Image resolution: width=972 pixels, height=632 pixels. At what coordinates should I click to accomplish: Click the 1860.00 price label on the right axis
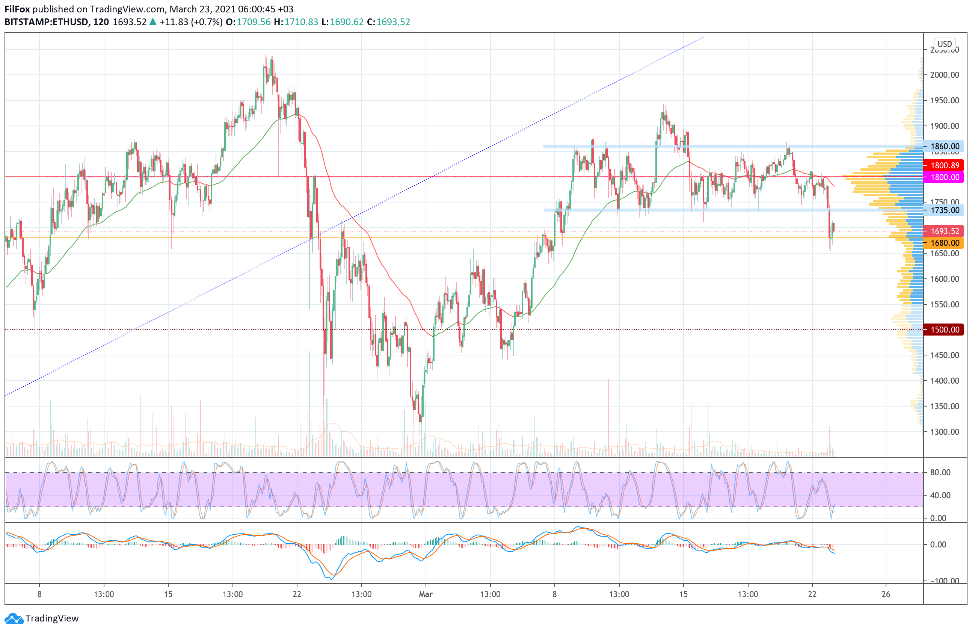(x=945, y=146)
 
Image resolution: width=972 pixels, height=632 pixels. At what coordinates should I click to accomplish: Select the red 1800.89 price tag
(x=945, y=165)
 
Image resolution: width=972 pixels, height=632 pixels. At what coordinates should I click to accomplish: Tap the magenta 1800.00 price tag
(x=945, y=177)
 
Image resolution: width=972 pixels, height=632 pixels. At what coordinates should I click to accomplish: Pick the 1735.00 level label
(x=945, y=210)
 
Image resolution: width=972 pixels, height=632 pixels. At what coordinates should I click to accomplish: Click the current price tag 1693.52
(x=945, y=231)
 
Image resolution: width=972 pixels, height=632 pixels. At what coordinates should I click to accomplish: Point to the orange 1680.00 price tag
(x=945, y=243)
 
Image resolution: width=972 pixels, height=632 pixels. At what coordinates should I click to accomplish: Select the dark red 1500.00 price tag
(x=945, y=330)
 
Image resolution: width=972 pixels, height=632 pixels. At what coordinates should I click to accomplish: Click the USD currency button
(x=944, y=44)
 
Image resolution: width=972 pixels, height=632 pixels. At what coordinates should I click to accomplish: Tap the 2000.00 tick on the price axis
(x=945, y=75)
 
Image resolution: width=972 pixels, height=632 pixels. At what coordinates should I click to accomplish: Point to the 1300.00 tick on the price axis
(x=945, y=432)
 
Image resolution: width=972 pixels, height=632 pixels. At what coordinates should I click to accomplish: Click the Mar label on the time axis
(x=426, y=594)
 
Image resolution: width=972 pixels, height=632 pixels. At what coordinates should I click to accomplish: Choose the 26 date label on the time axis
(x=885, y=594)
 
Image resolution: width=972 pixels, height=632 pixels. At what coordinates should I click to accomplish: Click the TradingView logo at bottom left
(x=42, y=618)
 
